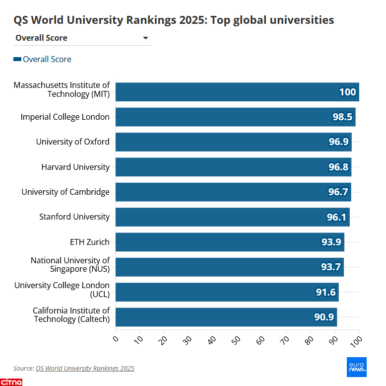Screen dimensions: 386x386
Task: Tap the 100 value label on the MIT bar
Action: pyautogui.click(x=347, y=92)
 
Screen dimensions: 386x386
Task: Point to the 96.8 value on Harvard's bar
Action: pyautogui.click(x=338, y=167)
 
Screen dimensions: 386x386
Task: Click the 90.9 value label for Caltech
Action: pyautogui.click(x=324, y=317)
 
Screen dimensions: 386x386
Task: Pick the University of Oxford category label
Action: pyautogui.click(x=72, y=142)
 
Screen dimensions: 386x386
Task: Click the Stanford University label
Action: pyautogui.click(x=74, y=217)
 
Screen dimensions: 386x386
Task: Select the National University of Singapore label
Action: pyautogui.click(x=70, y=265)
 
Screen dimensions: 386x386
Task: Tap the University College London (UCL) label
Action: pyautogui.click(x=62, y=290)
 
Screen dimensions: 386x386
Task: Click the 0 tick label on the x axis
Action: pyautogui.click(x=116, y=339)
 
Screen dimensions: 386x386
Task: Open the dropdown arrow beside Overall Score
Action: pyautogui.click(x=145, y=38)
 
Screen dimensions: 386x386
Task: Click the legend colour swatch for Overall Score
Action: pyautogui.click(x=17, y=59)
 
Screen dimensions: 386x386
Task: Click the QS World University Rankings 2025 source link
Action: pyautogui.click(x=85, y=368)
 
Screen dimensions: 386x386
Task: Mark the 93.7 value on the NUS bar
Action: pyautogui.click(x=331, y=267)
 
